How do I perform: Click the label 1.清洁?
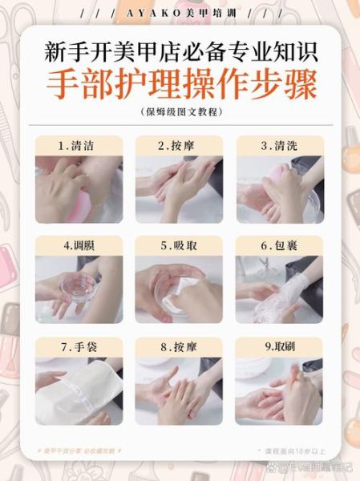(x=78, y=146)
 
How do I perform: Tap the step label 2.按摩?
(x=179, y=146)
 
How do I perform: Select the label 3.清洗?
(x=279, y=146)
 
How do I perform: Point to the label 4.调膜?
(x=78, y=245)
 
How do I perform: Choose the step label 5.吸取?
(x=179, y=245)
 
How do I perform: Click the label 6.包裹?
(x=279, y=245)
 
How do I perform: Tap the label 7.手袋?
(x=78, y=347)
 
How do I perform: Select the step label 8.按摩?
(x=179, y=347)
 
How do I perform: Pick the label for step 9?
(x=279, y=347)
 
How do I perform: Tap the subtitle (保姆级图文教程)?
(x=180, y=112)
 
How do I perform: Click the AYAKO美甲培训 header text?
(x=180, y=14)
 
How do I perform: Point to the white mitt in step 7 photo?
(x=84, y=393)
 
